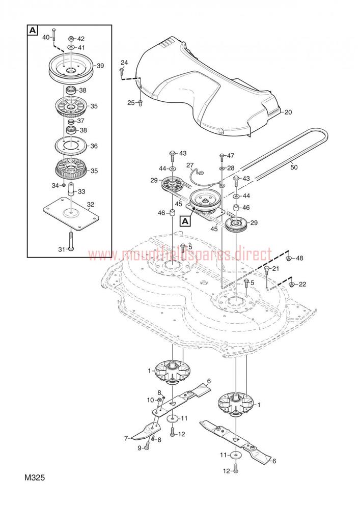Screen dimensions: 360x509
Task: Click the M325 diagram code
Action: (x=35, y=477)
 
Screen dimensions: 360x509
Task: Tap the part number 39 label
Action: (x=100, y=66)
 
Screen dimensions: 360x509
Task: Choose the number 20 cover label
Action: (x=288, y=112)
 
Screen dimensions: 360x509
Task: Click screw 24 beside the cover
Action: (x=122, y=70)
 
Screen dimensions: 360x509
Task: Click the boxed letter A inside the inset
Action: (x=33, y=31)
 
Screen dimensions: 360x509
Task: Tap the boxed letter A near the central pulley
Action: (x=185, y=221)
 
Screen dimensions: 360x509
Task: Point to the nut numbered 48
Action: (x=288, y=259)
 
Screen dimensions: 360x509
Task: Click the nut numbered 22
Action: (x=292, y=285)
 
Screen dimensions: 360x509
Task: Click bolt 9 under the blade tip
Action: (x=147, y=446)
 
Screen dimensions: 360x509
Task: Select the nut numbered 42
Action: (x=70, y=39)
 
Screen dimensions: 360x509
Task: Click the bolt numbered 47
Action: (x=222, y=157)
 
